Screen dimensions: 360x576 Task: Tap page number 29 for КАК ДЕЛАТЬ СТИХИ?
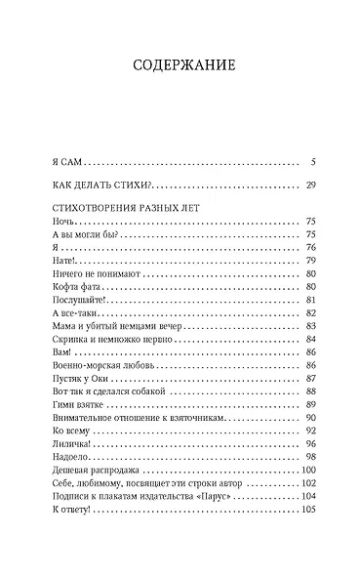pyautogui.click(x=309, y=185)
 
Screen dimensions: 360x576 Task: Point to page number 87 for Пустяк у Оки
pyautogui.click(x=310, y=377)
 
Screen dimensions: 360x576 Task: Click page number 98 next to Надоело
pyautogui.click(x=310, y=456)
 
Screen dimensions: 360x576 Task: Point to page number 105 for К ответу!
pyautogui.click(x=308, y=509)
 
